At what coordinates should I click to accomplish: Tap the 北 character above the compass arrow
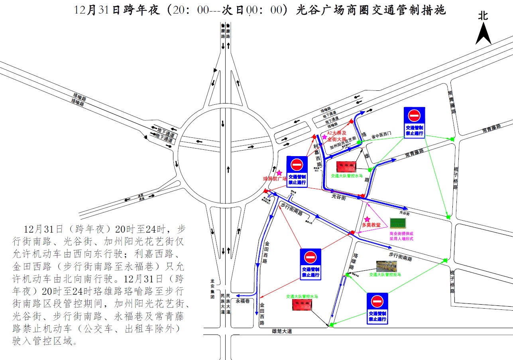coord(483,16)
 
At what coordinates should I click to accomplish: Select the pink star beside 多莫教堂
coord(367,219)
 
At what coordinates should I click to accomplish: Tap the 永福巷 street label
coord(243,301)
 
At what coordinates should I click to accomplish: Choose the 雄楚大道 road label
coord(282,331)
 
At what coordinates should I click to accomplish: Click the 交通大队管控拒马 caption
coord(385,275)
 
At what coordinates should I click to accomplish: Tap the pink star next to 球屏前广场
coord(279,173)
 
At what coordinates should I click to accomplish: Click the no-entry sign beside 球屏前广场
coord(297,171)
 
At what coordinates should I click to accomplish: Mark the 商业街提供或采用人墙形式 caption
coord(401,236)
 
